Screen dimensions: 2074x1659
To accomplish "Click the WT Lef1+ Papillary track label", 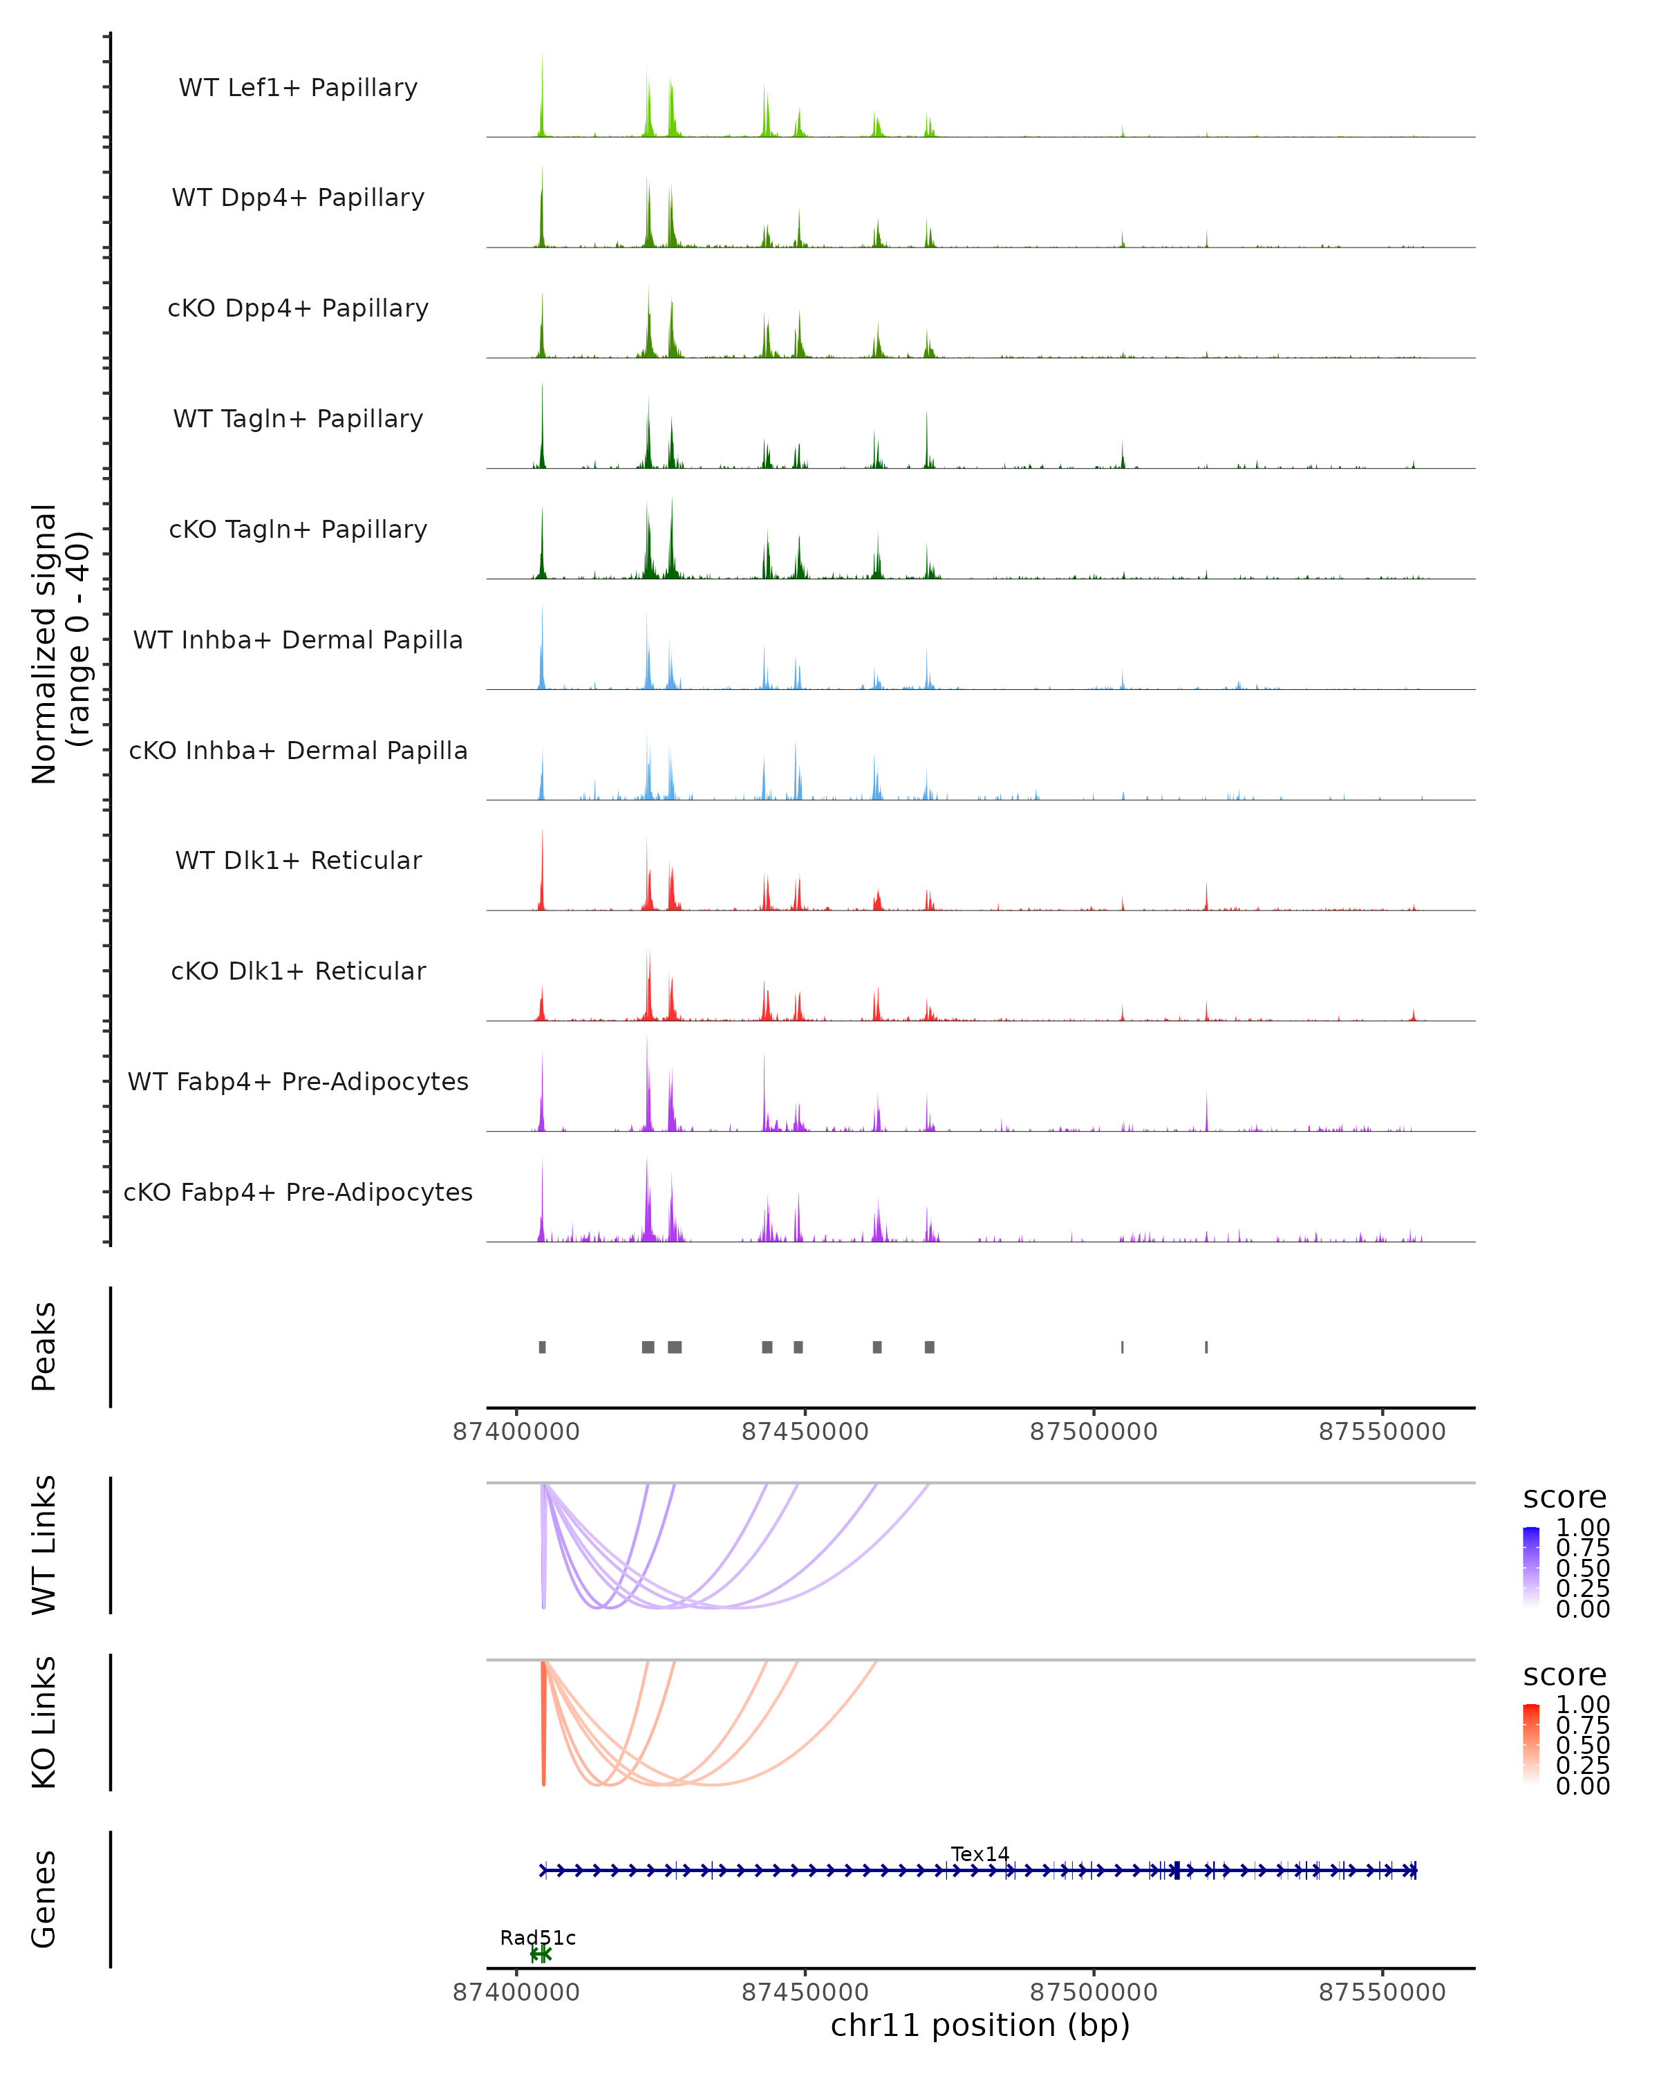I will point(298,88).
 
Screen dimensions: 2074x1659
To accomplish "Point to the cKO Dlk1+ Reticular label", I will point(298,971).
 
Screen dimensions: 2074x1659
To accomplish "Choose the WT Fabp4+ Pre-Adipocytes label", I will point(298,1081).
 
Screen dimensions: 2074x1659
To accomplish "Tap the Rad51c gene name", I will point(538,1937).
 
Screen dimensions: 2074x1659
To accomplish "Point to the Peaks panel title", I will point(44,1347).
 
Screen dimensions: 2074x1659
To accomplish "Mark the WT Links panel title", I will point(44,1545).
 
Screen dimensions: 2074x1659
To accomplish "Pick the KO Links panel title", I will point(44,1722).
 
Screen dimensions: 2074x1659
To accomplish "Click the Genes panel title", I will point(44,1899).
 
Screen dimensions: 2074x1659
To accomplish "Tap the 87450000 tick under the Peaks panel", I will point(805,1432).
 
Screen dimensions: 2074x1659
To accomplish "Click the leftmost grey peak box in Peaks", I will point(543,1347).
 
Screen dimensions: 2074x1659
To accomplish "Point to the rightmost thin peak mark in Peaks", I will point(1206,1347).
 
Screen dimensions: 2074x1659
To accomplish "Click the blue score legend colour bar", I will point(1531,1565).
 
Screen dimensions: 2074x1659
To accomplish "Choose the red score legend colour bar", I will point(1531,1743).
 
